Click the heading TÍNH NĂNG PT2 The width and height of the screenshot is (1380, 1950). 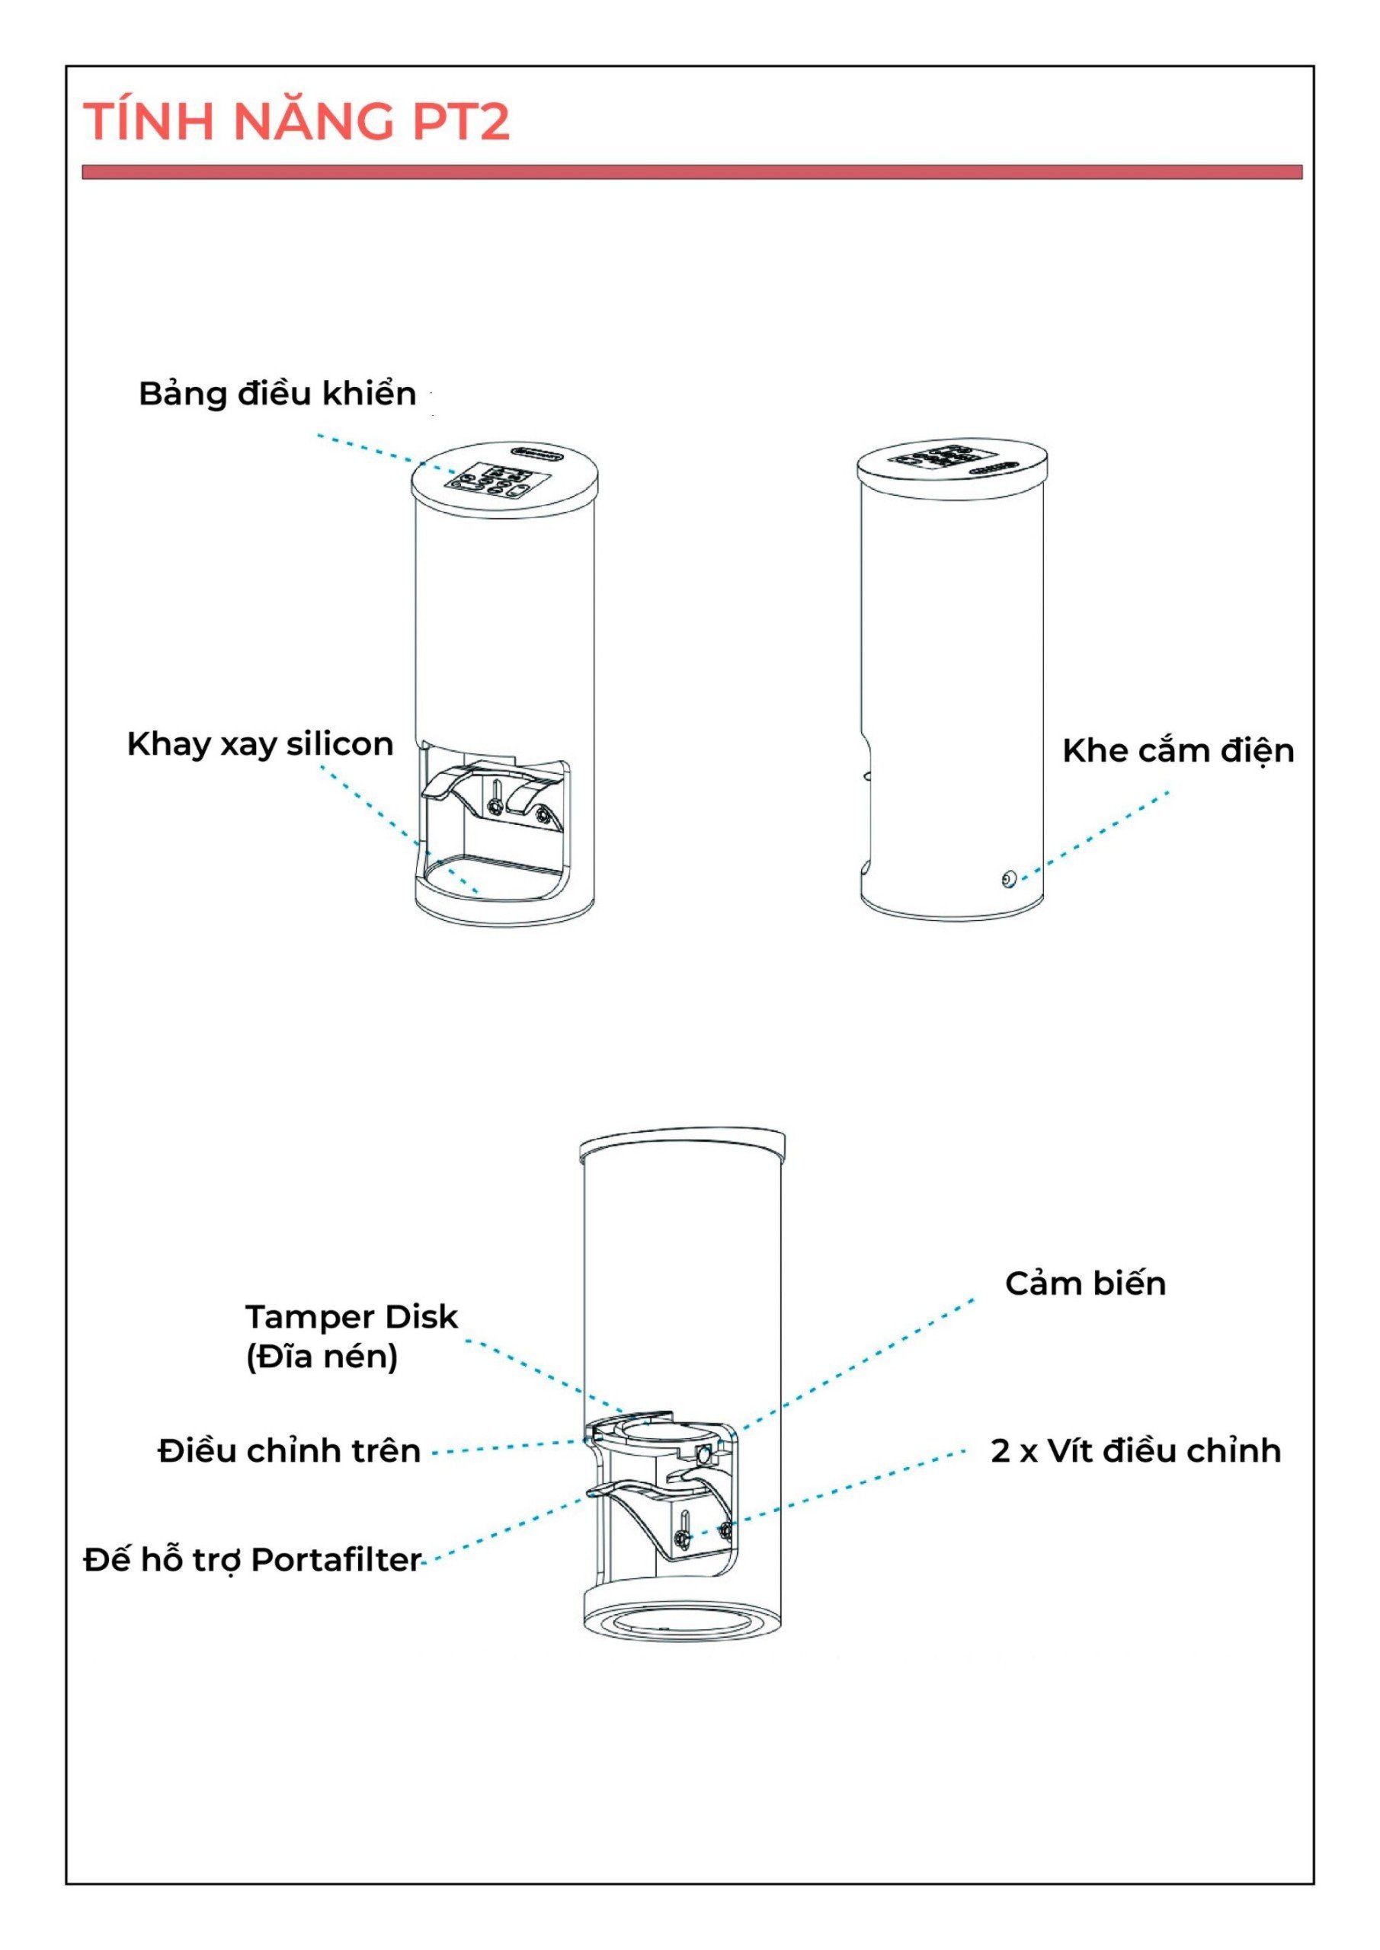296,120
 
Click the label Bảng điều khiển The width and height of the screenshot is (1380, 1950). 277,394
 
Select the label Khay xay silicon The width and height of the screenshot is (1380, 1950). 260,744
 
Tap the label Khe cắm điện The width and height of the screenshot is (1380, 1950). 1178,751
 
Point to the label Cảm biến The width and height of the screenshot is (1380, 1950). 1085,1283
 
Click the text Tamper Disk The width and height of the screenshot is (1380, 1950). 351,1316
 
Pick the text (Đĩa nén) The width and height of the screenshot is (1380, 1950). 322,1357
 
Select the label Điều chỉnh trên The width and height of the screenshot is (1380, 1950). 289,1450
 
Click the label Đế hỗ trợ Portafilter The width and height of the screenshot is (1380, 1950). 252,1559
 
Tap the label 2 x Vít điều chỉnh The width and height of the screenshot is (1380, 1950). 1135,1450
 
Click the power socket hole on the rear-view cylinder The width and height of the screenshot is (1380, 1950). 1008,879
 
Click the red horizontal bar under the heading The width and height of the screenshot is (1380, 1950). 692,172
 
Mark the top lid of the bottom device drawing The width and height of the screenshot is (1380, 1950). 681,1146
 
